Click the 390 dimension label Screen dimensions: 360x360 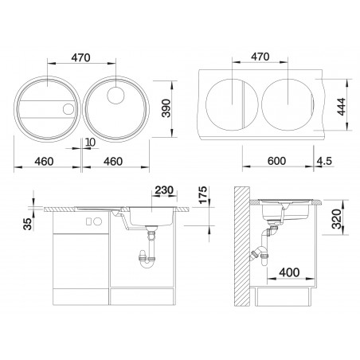(x=166, y=108)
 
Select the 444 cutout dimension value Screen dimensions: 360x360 (x=341, y=107)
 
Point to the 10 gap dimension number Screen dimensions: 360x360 (x=91, y=143)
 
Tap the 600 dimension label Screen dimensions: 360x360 (x=276, y=161)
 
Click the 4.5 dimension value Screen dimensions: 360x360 (x=324, y=161)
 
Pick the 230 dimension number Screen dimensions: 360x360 (x=164, y=190)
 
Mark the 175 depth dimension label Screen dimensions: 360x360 (x=203, y=195)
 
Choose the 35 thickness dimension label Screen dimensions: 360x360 (x=28, y=224)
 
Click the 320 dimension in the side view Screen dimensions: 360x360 (x=337, y=219)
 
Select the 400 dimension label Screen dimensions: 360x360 (x=289, y=272)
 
